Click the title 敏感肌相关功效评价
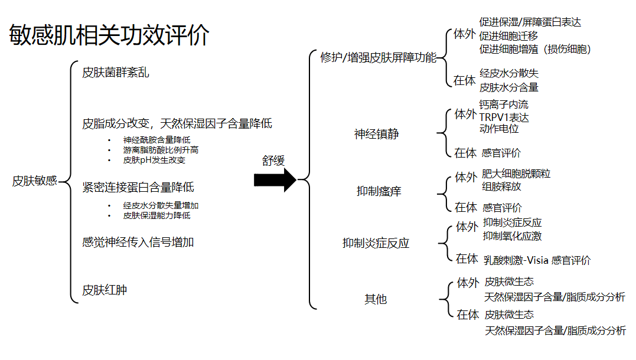point(109,36)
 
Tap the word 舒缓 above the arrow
point(273,161)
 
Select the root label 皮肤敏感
point(34,181)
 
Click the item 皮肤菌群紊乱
point(116,73)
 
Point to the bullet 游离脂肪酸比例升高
point(161,150)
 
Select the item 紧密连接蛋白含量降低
point(138,188)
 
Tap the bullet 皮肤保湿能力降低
point(156,215)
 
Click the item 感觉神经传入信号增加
point(138,242)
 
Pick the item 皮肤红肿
point(105,290)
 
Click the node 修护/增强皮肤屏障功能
point(378,57)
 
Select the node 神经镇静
point(376,134)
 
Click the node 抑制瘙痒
point(379,191)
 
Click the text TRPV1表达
point(504,117)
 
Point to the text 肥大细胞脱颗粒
point(516,174)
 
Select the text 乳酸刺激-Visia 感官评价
point(537,260)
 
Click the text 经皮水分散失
point(509,74)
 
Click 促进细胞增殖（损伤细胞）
point(535,49)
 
